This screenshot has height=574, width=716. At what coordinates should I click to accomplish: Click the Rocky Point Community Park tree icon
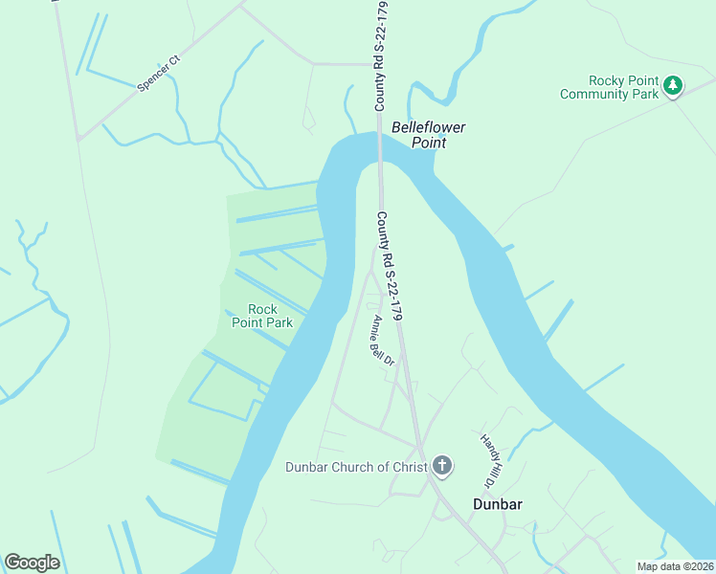673,86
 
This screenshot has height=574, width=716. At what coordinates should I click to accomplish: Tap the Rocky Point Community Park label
610,87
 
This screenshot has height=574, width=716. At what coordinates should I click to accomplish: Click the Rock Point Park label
262,316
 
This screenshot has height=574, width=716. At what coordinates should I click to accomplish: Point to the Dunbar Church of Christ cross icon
442,467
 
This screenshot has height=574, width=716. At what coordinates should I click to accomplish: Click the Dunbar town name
498,504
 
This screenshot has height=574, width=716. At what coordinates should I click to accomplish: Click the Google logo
32,563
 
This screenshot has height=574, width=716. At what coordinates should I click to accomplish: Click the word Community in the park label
595,94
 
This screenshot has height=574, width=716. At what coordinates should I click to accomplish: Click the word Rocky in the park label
607,80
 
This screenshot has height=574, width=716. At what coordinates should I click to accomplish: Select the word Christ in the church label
409,467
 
